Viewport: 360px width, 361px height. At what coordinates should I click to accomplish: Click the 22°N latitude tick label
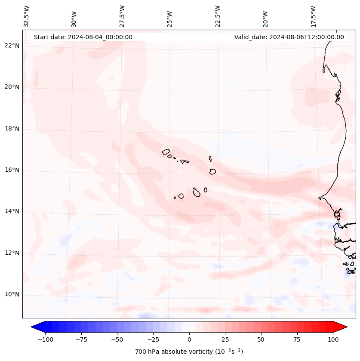click(12, 46)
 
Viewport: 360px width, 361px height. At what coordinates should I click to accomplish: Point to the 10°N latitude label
click(12, 295)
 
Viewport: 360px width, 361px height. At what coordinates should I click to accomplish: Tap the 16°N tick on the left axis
click(12, 170)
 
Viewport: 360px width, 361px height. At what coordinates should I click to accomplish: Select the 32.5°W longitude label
click(27, 16)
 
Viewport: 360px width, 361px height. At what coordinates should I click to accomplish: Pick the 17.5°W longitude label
click(313, 16)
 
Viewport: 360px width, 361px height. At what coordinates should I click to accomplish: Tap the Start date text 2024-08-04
click(83, 37)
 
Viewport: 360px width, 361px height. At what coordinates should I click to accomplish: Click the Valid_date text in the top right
click(289, 37)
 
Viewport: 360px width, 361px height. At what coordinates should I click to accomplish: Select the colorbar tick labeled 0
click(189, 339)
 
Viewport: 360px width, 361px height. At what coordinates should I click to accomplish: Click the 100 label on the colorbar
click(333, 339)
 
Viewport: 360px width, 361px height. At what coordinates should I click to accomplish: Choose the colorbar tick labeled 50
click(261, 339)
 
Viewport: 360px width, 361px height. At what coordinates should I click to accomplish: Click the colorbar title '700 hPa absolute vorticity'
click(189, 352)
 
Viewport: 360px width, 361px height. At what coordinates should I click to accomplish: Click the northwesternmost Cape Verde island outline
click(166, 151)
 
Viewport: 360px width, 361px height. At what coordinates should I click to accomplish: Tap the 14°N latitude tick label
click(12, 211)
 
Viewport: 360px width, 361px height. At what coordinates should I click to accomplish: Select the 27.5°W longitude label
click(122, 16)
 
